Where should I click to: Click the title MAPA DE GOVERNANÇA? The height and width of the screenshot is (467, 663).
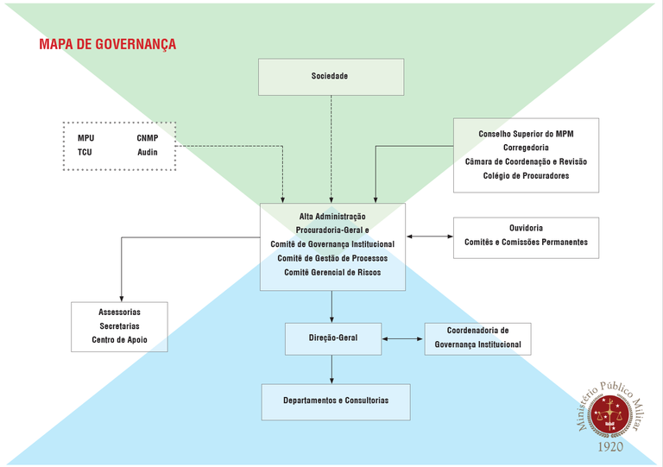coord(107,44)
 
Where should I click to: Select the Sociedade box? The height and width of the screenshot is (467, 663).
coord(331,77)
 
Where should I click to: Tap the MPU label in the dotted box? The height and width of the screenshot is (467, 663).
coord(86,138)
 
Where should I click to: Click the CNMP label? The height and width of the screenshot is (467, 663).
coord(148,138)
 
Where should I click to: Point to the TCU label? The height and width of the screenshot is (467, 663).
coord(85,152)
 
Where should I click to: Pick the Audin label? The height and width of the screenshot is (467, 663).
coord(148,152)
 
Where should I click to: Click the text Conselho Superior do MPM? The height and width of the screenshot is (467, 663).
coord(526,134)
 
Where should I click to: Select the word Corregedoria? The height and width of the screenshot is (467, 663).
coord(526,148)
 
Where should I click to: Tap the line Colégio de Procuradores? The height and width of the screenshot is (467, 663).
coord(526,175)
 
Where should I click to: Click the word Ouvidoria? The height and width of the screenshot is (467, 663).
coord(526,228)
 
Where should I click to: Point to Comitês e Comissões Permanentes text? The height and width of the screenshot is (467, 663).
coord(526,242)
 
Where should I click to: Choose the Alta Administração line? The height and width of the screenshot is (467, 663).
coord(332,216)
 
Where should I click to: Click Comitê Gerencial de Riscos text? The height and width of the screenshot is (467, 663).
coord(332,272)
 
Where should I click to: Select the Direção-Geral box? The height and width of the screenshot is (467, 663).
coord(332,338)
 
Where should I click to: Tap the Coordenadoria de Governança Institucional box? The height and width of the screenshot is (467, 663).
coord(477,338)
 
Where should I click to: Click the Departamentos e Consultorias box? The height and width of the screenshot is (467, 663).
coord(336,401)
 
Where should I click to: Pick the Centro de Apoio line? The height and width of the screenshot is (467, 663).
coord(119,339)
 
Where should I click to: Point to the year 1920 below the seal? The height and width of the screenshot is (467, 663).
coord(611,447)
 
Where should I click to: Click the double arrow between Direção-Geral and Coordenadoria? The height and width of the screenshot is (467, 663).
coord(402,338)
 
